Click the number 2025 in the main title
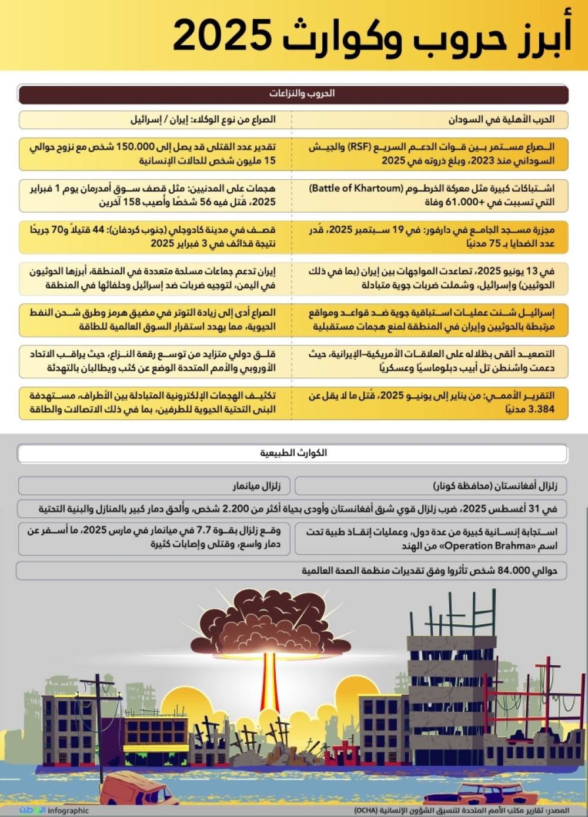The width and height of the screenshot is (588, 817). pos(222,35)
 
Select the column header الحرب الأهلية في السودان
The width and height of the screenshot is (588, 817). pos(501,119)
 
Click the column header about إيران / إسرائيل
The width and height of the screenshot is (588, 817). pos(203,119)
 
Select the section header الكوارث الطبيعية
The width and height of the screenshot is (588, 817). pos(293,453)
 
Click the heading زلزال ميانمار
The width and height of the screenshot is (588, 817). pos(256,486)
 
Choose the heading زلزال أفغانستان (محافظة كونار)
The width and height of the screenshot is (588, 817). pos(495,486)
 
